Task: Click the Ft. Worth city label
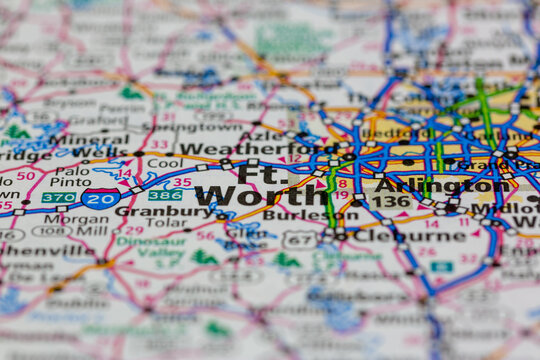pos(245,185)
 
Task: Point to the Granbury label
pos(150,211)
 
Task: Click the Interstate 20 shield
pos(100,198)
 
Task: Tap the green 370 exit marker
pos(57,198)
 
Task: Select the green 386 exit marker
pos(165,195)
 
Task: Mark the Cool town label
pos(165,162)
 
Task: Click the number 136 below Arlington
pos(391,201)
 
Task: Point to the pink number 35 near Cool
pos(182,182)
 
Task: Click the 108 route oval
pos(51,231)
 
